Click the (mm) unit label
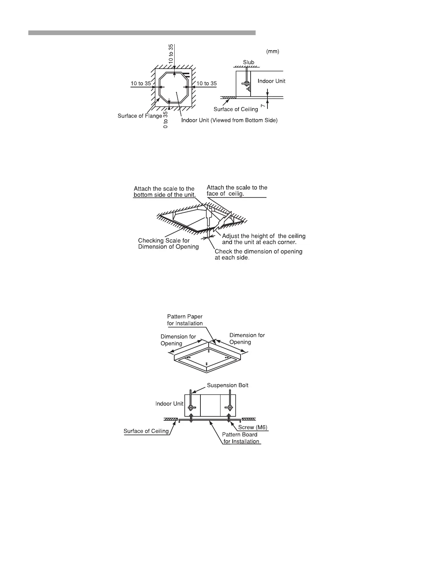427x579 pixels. (x=272, y=52)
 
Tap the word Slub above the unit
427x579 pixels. (x=248, y=62)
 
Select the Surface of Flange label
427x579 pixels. (x=140, y=116)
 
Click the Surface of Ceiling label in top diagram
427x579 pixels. (x=236, y=109)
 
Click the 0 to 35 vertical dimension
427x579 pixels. (x=165, y=120)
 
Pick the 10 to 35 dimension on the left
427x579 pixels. (x=141, y=83)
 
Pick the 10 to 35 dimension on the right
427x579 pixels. (x=207, y=83)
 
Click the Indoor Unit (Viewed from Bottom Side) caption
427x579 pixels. (x=229, y=120)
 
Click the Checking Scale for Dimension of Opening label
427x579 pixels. (x=168, y=244)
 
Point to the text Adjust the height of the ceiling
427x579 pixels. (x=264, y=236)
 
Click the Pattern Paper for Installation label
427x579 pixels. (x=185, y=320)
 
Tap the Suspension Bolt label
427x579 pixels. (x=227, y=386)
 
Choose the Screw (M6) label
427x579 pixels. (x=253, y=427)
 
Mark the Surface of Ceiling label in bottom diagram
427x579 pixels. (x=146, y=431)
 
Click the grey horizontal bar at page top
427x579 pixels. (x=142, y=33)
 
